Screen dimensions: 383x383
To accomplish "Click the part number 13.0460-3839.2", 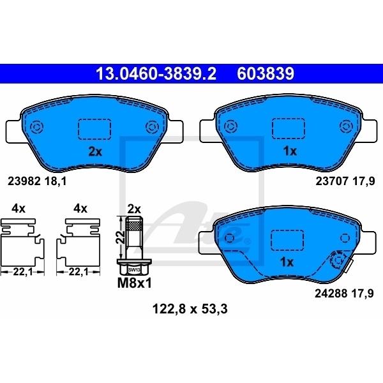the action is click(x=156, y=73).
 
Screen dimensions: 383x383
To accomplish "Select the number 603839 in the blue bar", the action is click(x=266, y=73).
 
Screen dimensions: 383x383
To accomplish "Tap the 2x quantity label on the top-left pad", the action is click(x=95, y=152).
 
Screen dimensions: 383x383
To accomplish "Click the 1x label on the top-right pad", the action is click(x=290, y=151).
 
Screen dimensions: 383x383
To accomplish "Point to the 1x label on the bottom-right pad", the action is click(x=287, y=262).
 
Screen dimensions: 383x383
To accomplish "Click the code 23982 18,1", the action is click(x=37, y=181).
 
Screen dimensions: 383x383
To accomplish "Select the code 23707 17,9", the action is click(x=345, y=181).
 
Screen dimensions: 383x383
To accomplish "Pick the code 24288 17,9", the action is click(x=344, y=294).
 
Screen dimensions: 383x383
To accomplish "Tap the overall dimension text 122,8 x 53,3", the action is click(x=190, y=309).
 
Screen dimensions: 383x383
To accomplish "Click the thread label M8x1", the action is click(x=134, y=283).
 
